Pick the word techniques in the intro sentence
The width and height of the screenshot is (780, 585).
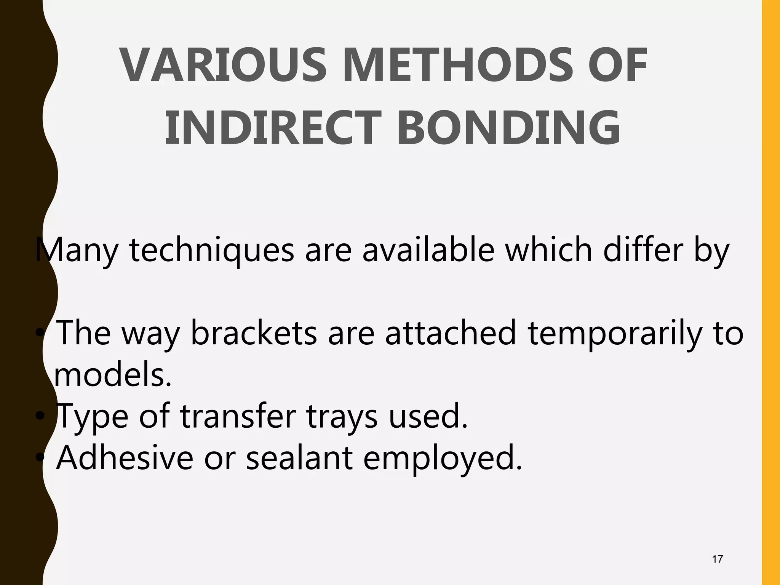coord(212,251)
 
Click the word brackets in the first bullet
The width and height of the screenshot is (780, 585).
coord(254,332)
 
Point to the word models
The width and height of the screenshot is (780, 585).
coord(113,375)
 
